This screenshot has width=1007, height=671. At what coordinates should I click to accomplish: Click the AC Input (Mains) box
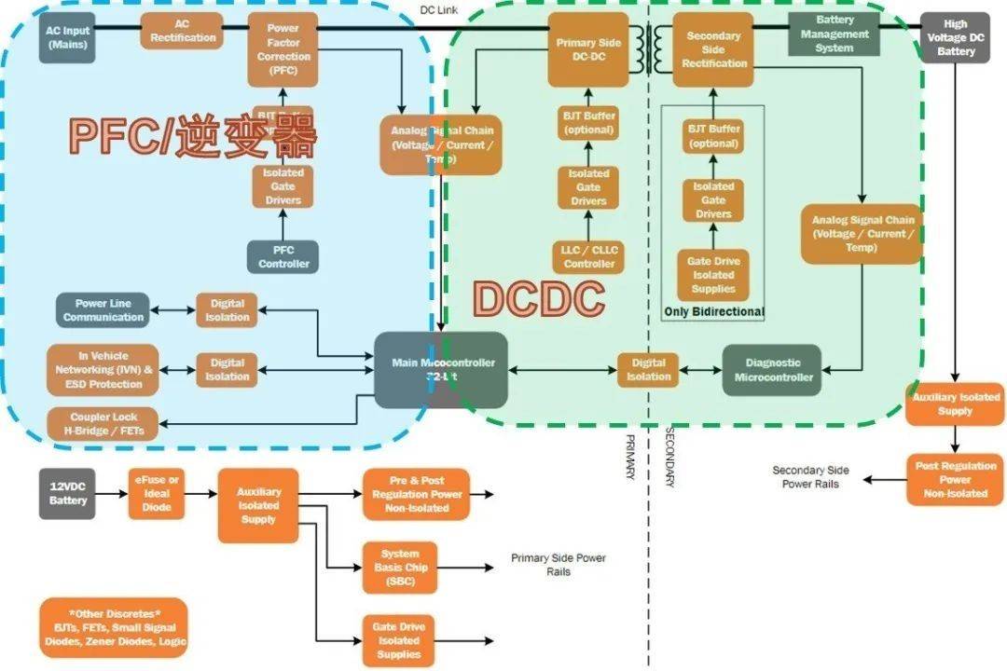click(x=67, y=37)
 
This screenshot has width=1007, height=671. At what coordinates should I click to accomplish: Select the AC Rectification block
click(x=182, y=31)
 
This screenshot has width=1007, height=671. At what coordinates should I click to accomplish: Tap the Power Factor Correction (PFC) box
click(x=283, y=49)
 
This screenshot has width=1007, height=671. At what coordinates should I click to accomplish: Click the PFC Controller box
click(x=283, y=256)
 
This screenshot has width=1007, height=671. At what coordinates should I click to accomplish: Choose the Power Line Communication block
click(x=103, y=310)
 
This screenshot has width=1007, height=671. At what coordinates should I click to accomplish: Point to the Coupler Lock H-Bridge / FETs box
click(x=103, y=424)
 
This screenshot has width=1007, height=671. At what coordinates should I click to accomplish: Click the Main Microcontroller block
click(x=441, y=369)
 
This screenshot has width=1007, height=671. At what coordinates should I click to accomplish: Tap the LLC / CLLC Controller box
click(x=588, y=256)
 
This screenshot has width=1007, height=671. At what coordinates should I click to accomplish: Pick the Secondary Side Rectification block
click(x=714, y=49)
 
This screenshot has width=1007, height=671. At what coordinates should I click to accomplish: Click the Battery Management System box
click(x=835, y=34)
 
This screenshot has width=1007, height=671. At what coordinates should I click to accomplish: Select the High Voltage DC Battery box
click(x=956, y=37)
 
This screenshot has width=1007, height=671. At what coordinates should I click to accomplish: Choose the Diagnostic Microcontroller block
click(x=773, y=370)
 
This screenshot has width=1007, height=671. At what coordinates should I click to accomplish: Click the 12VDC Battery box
click(x=68, y=493)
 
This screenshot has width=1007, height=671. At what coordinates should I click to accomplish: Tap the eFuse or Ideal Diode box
click(x=157, y=493)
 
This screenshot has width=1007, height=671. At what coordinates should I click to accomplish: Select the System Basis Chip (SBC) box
click(x=400, y=567)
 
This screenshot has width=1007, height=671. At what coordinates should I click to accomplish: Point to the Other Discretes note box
click(x=114, y=627)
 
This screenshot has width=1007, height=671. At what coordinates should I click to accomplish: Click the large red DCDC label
click(x=538, y=299)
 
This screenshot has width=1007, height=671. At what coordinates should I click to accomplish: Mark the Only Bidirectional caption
click(x=713, y=311)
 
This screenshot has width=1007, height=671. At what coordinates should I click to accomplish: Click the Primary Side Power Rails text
click(x=558, y=565)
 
